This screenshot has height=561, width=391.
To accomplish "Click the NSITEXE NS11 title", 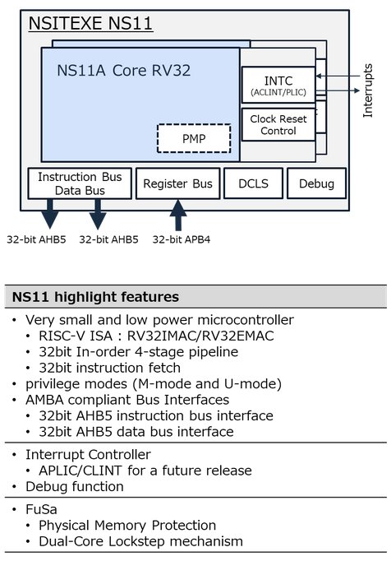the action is tap(90, 23).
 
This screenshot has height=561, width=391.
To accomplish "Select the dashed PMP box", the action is tap(194, 138).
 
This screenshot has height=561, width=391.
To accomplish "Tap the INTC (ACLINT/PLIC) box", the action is tap(278, 86).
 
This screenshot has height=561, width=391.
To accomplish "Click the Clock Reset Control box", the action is tap(278, 124).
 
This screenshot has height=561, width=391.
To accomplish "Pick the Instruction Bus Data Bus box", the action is tap(80, 183).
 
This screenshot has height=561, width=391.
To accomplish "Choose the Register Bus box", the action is tap(177, 183).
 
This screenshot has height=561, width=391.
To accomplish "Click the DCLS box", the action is tap(253, 183).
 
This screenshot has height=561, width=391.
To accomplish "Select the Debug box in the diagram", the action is tap(316, 183).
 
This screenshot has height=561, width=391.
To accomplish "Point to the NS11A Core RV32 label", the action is tap(124, 71).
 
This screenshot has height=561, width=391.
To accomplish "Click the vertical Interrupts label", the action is tap(368, 90).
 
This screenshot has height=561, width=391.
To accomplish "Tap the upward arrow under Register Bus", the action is tap(178, 215).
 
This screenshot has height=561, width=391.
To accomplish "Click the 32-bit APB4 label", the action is tap(182, 239).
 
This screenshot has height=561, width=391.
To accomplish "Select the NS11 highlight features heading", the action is tap(95, 297).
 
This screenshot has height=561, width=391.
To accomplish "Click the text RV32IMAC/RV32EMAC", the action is tap(200, 336).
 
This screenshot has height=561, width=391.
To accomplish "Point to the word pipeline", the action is tap(214, 352).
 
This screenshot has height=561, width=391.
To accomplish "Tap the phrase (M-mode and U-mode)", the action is tap(207, 383).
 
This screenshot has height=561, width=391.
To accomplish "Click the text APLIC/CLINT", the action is tap(80, 471).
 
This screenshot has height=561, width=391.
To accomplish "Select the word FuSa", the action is tap(41, 509).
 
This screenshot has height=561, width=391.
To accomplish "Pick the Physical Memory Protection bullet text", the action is tap(127, 526).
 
